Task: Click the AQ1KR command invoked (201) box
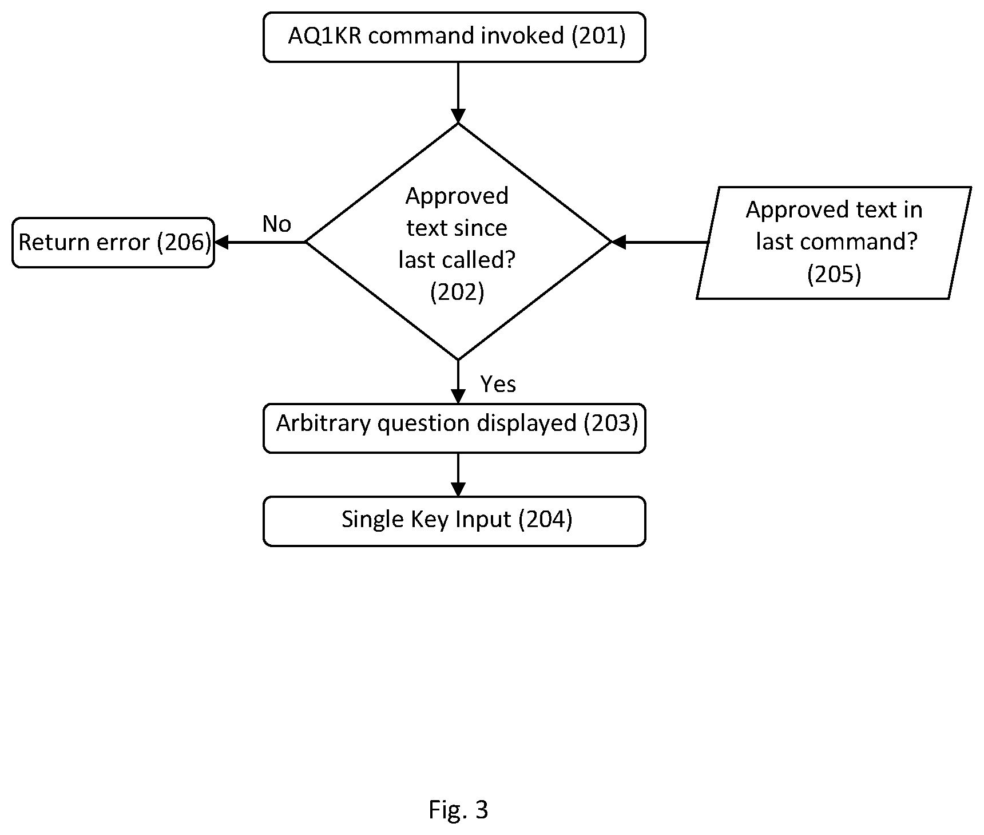[454, 37]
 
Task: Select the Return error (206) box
[113, 243]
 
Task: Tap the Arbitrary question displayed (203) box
[454, 428]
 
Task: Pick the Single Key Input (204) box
[454, 521]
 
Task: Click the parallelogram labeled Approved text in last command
[834, 243]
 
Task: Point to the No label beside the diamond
[277, 224]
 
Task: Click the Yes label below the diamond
[498, 384]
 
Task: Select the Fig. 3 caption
[458, 810]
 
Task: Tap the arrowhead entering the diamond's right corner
[619, 243]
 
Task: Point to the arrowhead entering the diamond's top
[458, 116]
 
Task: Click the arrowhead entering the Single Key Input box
[458, 489]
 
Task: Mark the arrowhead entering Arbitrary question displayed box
[458, 397]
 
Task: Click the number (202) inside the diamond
[457, 292]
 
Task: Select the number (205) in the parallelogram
[834, 274]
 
